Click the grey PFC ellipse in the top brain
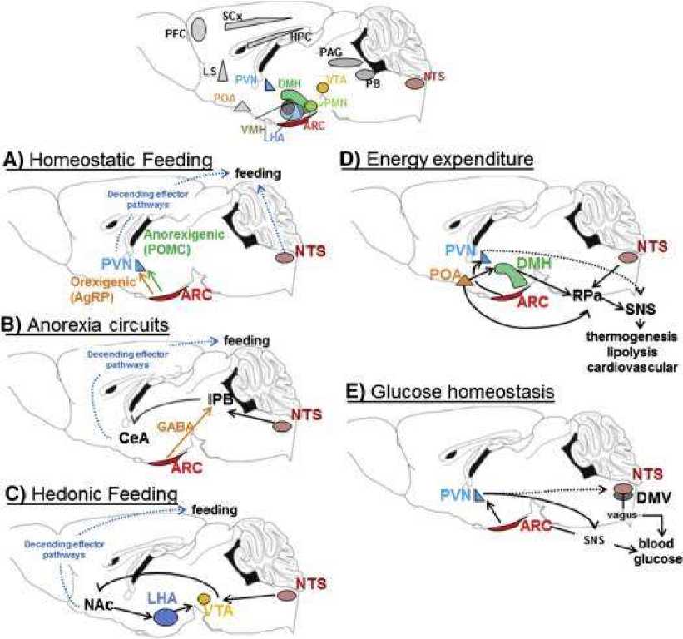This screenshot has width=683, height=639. click(x=199, y=30)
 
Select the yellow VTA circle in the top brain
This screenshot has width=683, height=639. click(x=324, y=87)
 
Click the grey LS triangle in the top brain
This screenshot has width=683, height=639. click(x=222, y=72)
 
